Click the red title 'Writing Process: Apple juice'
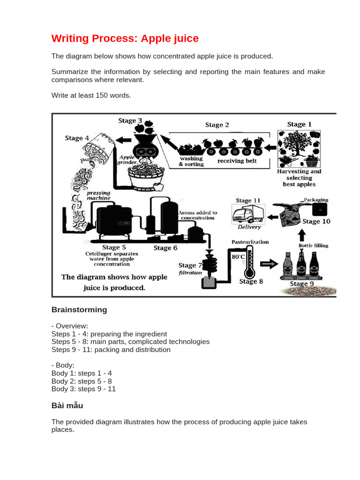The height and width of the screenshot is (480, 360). click(x=125, y=38)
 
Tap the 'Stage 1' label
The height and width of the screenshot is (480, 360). click(x=299, y=124)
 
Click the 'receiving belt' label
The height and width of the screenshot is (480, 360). click(x=237, y=161)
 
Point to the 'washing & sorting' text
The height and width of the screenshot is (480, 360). click(x=192, y=162)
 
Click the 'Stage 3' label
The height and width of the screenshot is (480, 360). click(x=130, y=121)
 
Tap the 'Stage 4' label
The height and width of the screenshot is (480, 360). click(x=77, y=138)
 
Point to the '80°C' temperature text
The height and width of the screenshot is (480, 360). click(x=237, y=257)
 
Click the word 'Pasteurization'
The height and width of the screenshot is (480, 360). click(x=250, y=242)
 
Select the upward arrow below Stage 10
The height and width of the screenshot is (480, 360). click(x=302, y=234)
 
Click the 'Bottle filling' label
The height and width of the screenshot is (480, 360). click(x=314, y=245)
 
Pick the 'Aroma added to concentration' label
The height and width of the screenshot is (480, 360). click(x=198, y=215)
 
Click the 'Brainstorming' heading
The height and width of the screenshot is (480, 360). click(x=79, y=310)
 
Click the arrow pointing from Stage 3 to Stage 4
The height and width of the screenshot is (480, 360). click(x=124, y=140)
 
